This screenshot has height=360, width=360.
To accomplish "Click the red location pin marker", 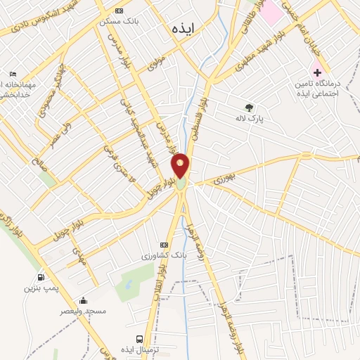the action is pos(181,166).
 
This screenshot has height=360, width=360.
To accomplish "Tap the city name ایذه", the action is pos(182,28).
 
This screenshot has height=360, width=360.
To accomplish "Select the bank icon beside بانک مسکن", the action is pos(118,11).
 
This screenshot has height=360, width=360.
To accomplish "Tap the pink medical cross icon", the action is pos(318,72).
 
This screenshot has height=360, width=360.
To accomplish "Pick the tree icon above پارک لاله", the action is pos(248,107).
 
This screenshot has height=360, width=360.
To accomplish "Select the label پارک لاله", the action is pos(248,119).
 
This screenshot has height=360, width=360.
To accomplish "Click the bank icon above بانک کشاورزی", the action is pos(165,245).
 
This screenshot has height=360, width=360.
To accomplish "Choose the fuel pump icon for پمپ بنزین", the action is pos(41,276).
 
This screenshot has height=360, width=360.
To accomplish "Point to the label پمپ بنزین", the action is pos(39,288).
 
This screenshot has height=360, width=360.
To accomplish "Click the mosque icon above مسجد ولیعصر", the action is pos(83,300).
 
